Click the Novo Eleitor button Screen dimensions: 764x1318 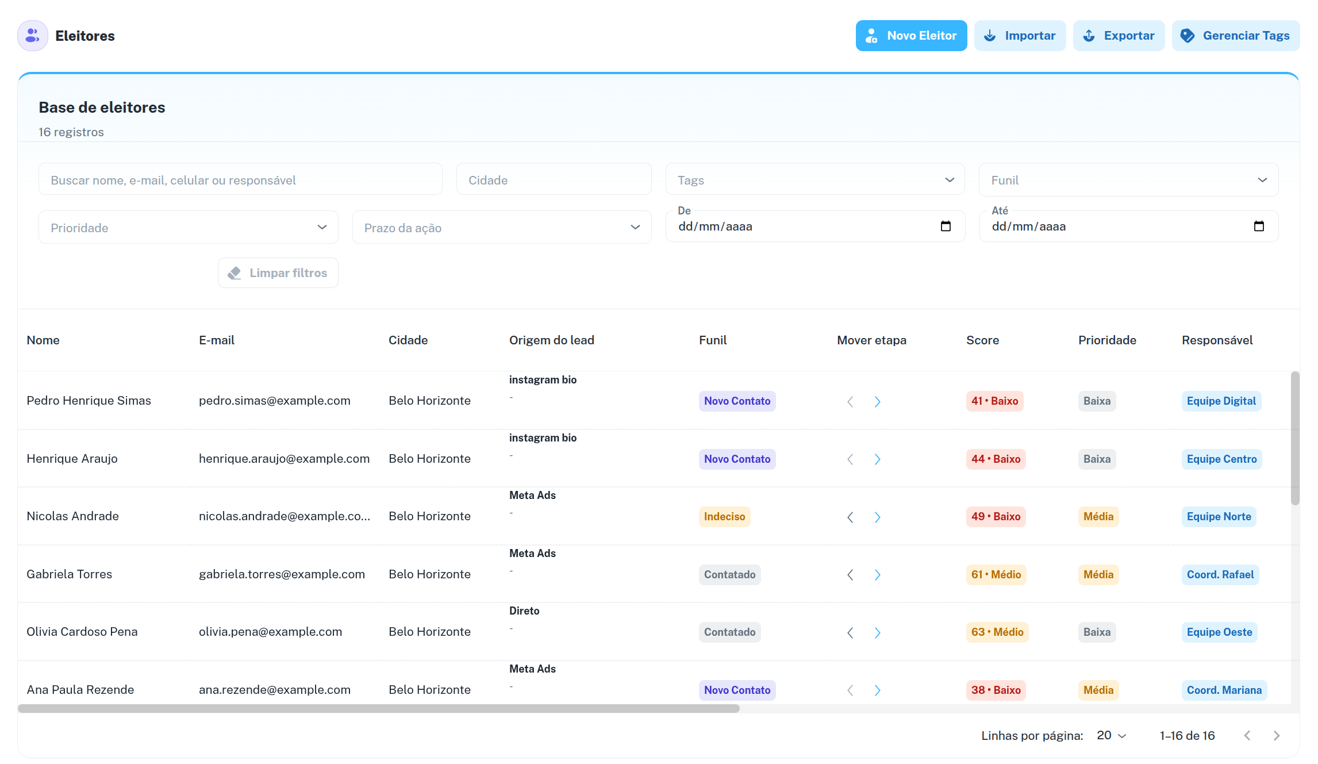pyautogui.click(x=911, y=36)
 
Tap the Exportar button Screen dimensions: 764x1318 pyautogui.click(x=1119, y=36)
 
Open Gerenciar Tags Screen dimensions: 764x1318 pyautogui.click(x=1235, y=36)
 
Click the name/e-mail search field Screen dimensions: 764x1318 pyautogui.click(x=240, y=181)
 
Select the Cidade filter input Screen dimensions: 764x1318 pyautogui.click(x=554, y=181)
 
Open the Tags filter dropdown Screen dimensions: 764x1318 pyautogui.click(x=815, y=181)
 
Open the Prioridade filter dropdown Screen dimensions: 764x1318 pyautogui.click(x=188, y=228)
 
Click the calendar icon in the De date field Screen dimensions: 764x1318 pyautogui.click(x=946, y=226)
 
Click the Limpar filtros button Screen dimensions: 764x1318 pyautogui.click(x=278, y=273)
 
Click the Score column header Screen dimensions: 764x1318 pyautogui.click(x=982, y=340)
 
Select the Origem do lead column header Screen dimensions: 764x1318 pyautogui.click(x=551, y=340)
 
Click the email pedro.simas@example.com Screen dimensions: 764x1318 pyautogui.click(x=274, y=401)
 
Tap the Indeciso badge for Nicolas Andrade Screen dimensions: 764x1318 pyautogui.click(x=724, y=517)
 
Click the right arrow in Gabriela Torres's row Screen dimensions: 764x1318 pyautogui.click(x=877, y=575)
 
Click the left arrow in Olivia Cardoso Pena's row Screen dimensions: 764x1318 pyautogui.click(x=850, y=633)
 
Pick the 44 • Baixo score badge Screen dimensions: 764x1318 pyautogui.click(x=996, y=459)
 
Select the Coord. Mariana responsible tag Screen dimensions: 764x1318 pyautogui.click(x=1224, y=690)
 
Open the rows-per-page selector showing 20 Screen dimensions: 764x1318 pyautogui.click(x=1111, y=736)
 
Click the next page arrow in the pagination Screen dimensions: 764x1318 pyautogui.click(x=1276, y=736)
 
